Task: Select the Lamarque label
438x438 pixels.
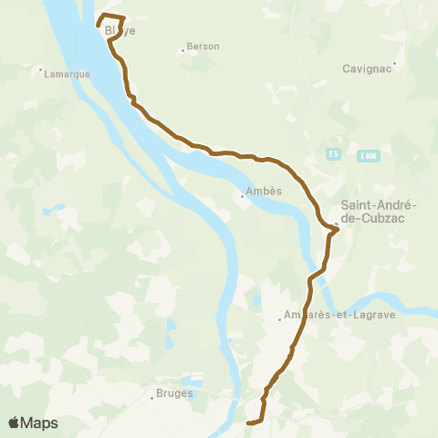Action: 66,76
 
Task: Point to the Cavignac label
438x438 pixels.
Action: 368,68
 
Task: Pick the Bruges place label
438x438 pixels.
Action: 172,397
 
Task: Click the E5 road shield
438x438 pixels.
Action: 334,155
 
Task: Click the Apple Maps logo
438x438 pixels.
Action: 33,422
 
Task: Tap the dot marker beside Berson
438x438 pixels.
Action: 182,49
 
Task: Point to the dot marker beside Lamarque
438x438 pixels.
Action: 41,69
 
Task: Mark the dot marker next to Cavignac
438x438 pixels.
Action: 394,64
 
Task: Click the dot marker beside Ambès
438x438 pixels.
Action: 242,194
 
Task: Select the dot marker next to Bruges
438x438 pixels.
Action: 151,397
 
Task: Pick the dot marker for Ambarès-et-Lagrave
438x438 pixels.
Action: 279,318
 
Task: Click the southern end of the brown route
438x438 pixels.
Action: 248,422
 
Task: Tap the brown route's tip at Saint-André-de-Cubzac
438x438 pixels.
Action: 339,229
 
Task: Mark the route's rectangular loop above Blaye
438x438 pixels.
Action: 110,20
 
